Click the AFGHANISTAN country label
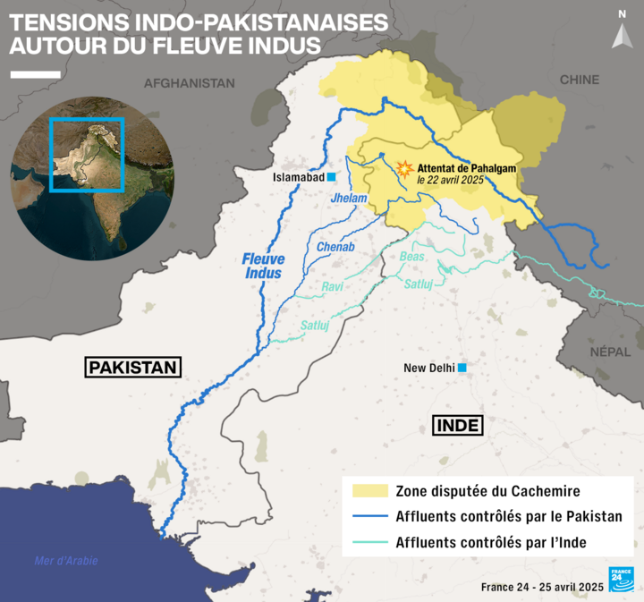(x=190, y=83)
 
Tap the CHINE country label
(x=580, y=80)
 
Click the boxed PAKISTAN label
(x=133, y=367)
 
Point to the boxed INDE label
(x=457, y=425)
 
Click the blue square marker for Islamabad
(x=331, y=178)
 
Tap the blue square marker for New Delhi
(x=462, y=368)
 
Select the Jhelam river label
(x=349, y=198)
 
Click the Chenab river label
(x=336, y=247)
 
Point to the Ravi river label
(x=333, y=287)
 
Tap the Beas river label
(x=411, y=257)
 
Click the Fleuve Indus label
(x=262, y=266)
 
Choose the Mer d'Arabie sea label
(x=65, y=561)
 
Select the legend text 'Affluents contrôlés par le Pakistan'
(x=509, y=517)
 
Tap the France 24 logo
(x=622, y=579)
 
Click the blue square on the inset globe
(x=87, y=155)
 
